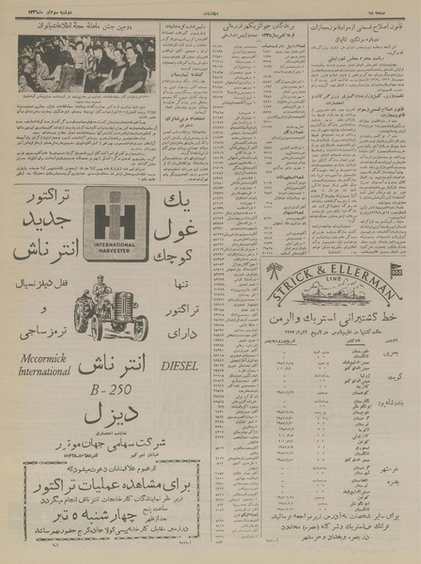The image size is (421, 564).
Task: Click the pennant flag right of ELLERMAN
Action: (396, 271)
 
